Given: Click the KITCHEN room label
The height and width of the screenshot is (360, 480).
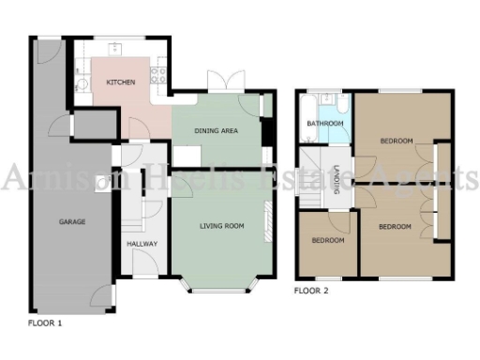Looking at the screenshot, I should pyautogui.click(x=120, y=83).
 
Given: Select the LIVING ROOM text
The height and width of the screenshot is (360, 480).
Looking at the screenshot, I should pyautogui.click(x=221, y=226).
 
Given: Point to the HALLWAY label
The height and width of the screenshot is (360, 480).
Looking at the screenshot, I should pyautogui.click(x=142, y=244).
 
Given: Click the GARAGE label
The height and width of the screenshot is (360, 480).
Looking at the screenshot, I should pyautogui.click(x=72, y=222).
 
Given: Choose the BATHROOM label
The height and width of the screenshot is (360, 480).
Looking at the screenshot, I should pyautogui.click(x=325, y=124).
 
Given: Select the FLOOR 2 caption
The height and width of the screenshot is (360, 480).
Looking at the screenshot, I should pyautogui.click(x=312, y=292).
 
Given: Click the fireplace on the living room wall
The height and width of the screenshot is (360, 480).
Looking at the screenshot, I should pyautogui.click(x=268, y=226).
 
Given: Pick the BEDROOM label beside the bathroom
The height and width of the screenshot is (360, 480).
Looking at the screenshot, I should pyautogui.click(x=396, y=141).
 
